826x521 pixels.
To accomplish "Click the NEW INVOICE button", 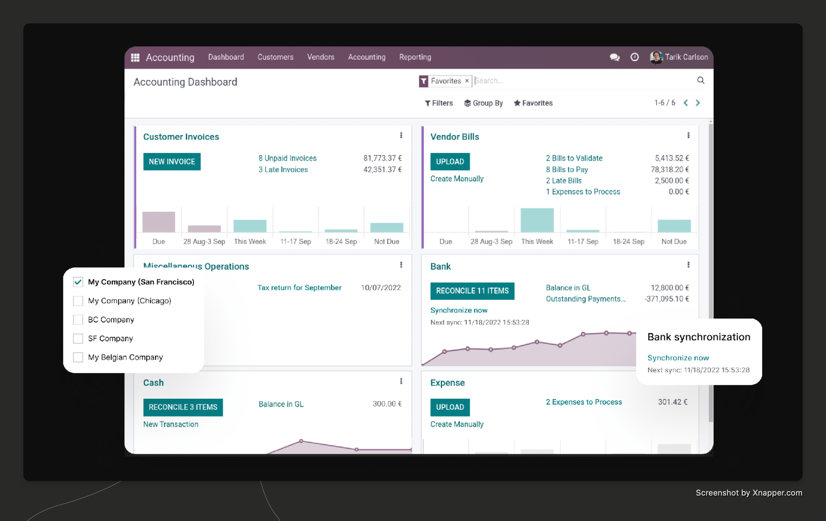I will (x=172, y=162).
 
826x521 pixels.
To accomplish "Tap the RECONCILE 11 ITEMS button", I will (x=472, y=291).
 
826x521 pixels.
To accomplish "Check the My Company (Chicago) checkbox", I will (x=78, y=301).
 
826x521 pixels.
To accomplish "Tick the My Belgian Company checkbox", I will (x=78, y=357).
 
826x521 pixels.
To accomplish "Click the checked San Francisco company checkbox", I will (x=78, y=282).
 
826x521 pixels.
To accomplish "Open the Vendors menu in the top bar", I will (x=320, y=57).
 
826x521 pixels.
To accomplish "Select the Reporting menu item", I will (x=415, y=57).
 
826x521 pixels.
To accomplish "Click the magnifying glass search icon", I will (x=701, y=80).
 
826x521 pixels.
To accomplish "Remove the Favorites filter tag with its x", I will (x=467, y=81).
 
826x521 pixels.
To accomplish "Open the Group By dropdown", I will (x=483, y=103).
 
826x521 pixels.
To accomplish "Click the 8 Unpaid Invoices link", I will (x=287, y=158).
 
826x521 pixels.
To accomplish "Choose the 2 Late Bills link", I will (x=563, y=181).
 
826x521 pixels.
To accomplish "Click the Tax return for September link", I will (x=299, y=288).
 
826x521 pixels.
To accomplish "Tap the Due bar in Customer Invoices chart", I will (x=159, y=222).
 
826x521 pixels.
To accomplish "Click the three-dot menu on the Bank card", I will (x=688, y=265).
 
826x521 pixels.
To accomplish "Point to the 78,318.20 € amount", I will (x=669, y=170).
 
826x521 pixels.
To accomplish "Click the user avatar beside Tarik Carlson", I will (x=656, y=57).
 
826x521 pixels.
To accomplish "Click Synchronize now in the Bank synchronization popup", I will (x=678, y=358).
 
